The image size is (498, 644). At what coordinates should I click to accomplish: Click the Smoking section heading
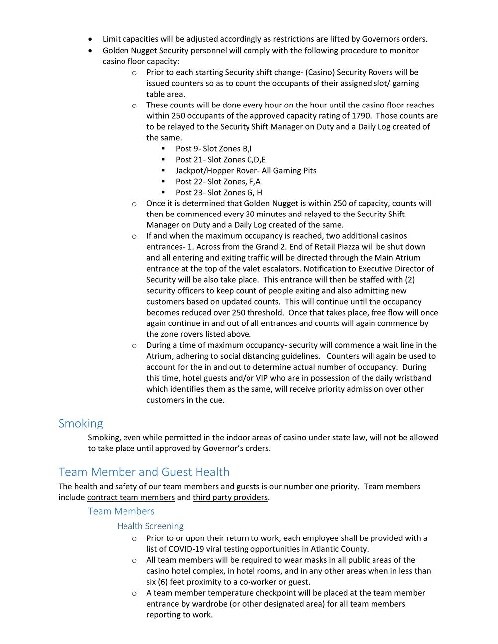click(x=81, y=424)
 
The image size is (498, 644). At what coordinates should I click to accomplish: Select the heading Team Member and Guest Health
click(x=144, y=472)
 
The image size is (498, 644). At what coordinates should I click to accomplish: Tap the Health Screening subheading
click(x=150, y=526)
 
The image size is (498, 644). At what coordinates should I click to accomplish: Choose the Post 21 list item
click(x=221, y=160)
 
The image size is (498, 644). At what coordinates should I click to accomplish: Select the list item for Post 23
click(x=219, y=193)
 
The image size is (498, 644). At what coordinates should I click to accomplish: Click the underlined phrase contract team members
click(x=131, y=497)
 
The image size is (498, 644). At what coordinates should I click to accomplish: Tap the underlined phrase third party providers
click(x=231, y=497)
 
